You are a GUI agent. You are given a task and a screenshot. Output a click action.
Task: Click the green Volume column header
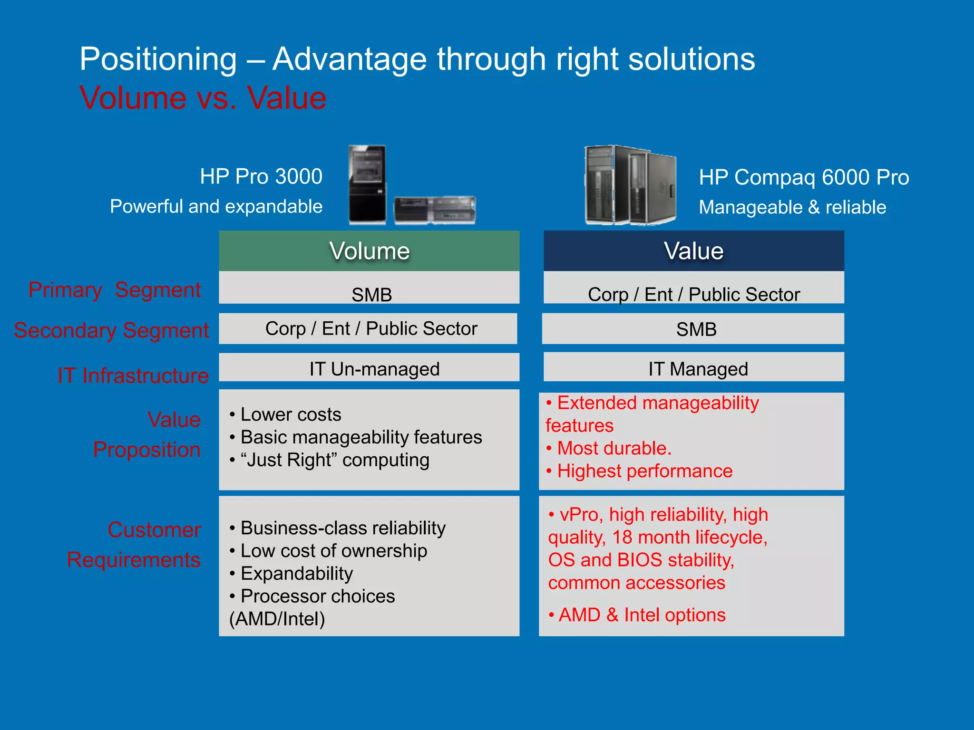tap(369, 251)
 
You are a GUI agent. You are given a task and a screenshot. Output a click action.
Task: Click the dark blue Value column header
tap(693, 251)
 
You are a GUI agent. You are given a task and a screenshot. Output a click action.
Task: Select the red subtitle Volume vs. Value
tap(203, 98)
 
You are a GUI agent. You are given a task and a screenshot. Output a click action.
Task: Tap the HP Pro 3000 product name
tap(261, 176)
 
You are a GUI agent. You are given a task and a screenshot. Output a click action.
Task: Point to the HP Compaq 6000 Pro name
tap(804, 177)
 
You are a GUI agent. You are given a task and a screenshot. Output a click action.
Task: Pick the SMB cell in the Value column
tap(696, 329)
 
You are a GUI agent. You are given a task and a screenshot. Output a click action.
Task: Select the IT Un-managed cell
tap(374, 369)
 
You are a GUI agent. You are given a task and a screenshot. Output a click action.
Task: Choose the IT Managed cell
tap(698, 369)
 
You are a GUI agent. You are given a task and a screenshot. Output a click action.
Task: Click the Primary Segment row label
tap(115, 289)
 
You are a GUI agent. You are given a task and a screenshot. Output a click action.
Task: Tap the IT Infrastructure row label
tap(133, 375)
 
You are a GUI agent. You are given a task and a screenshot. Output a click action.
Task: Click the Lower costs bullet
tap(291, 414)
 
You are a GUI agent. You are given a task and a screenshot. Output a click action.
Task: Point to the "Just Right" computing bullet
tap(335, 460)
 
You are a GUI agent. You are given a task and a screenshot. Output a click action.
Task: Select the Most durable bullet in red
tap(614, 448)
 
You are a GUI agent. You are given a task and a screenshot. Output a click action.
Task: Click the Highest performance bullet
tap(644, 471)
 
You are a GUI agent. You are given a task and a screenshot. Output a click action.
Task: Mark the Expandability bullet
tap(296, 573)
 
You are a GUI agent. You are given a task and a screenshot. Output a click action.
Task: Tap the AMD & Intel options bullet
tap(642, 615)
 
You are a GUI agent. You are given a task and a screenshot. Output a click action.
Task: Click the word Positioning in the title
tap(158, 59)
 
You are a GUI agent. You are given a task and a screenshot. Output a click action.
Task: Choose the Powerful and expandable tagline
tap(216, 206)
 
